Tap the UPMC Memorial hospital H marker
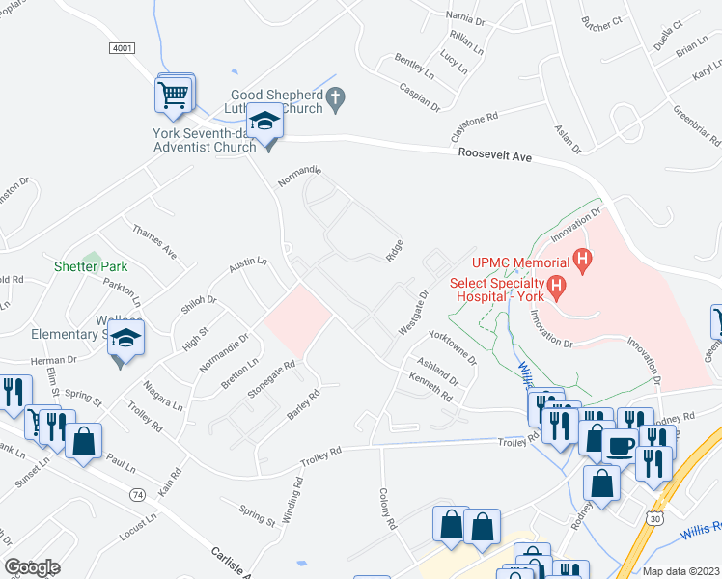click(582, 259)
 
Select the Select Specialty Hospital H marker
click(556, 287)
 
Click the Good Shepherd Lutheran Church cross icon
click(336, 96)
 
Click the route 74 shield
click(137, 494)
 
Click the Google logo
click(32, 567)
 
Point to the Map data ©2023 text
click(680, 571)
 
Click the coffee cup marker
click(621, 446)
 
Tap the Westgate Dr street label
click(413, 312)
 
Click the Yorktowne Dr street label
click(453, 348)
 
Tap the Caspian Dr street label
click(420, 95)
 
